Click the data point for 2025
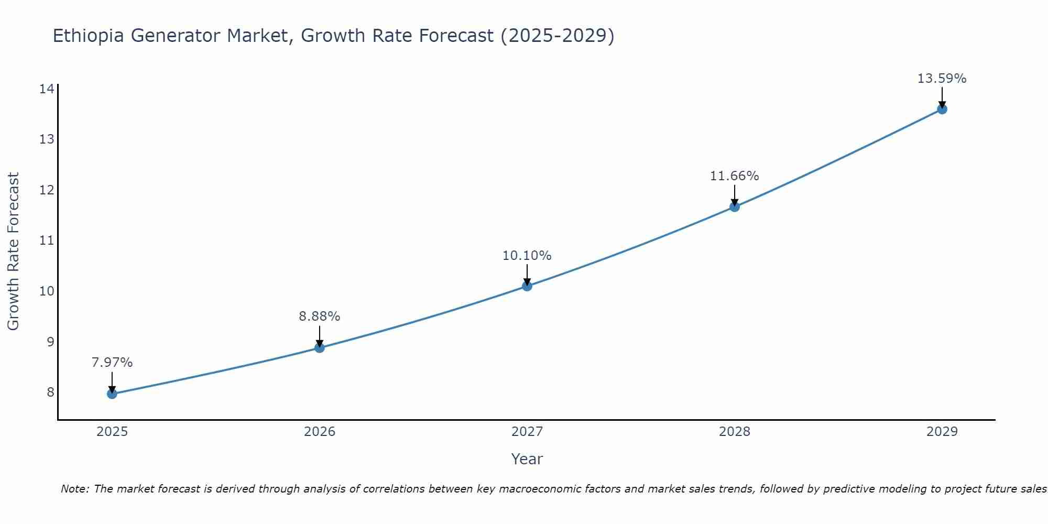click(x=112, y=394)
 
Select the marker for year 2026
click(x=320, y=347)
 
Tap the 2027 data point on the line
click(x=527, y=286)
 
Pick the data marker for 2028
click(x=735, y=206)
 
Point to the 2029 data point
click(x=942, y=109)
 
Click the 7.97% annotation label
click(x=112, y=363)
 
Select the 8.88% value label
click(x=320, y=316)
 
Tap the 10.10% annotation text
click(x=527, y=256)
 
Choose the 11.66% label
click(x=735, y=176)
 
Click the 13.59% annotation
click(x=942, y=79)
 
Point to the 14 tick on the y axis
click(x=47, y=89)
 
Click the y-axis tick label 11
click(x=47, y=241)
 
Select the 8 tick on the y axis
click(x=50, y=392)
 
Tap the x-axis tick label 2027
click(x=527, y=432)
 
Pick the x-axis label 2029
click(x=942, y=432)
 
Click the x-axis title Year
click(x=527, y=459)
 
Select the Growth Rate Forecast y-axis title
click(x=13, y=252)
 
